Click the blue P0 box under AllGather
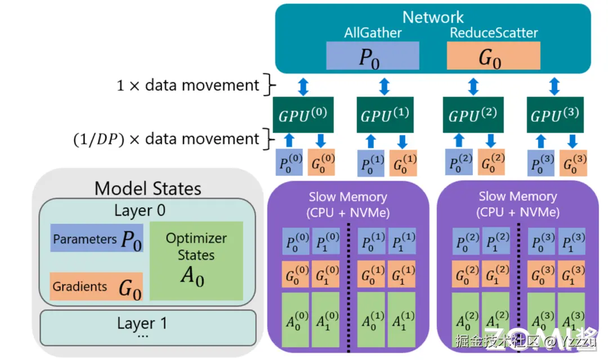point(373,56)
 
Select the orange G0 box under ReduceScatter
point(493,56)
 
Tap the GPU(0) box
point(303,115)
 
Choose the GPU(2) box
point(473,115)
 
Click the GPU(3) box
point(555,115)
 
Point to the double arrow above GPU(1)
point(385,87)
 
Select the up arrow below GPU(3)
point(541,141)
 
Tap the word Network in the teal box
point(433,17)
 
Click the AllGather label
point(373,33)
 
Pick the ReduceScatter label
point(494,33)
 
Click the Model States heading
point(147,189)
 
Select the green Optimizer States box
point(196,261)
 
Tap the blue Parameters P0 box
point(97,238)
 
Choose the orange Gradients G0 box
point(96,286)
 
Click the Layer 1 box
point(147,328)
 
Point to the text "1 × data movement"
point(187,85)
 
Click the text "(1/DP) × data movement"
point(166,139)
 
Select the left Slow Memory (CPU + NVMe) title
point(348,205)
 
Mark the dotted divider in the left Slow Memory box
point(348,287)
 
